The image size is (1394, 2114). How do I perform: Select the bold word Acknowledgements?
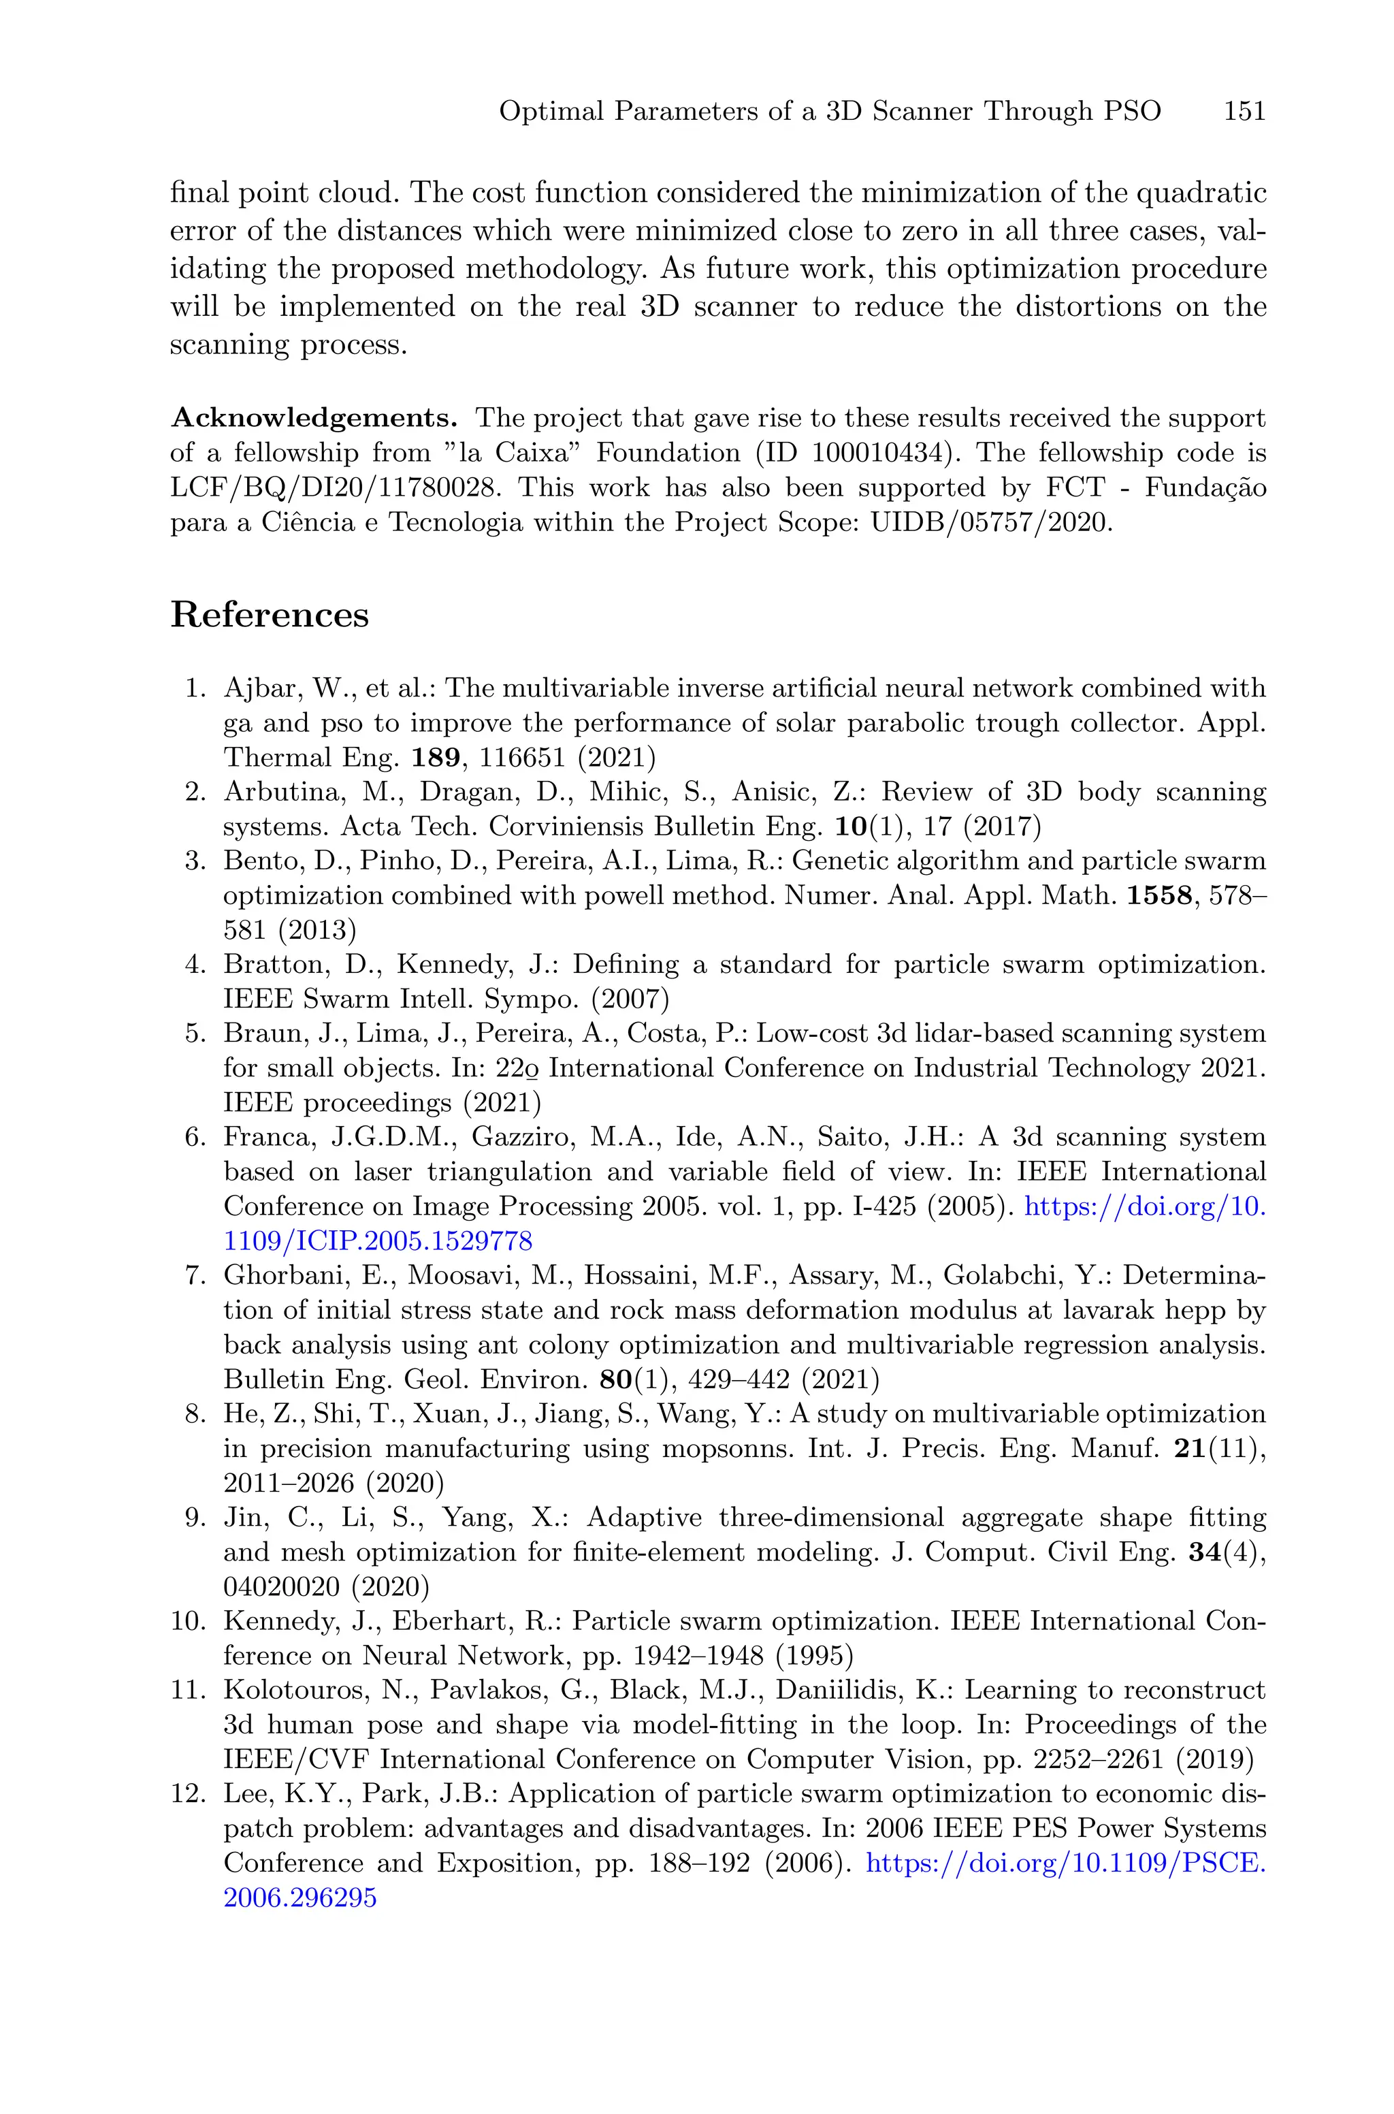[x=314, y=418]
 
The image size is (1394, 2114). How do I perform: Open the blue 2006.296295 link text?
[x=299, y=1898]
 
